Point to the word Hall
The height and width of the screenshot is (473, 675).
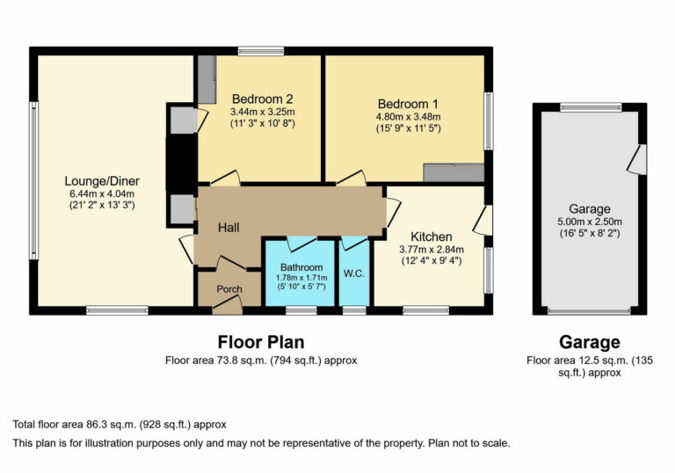pyautogui.click(x=229, y=228)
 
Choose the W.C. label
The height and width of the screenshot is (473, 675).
pyautogui.click(x=356, y=273)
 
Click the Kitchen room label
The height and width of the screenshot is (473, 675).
pyautogui.click(x=432, y=236)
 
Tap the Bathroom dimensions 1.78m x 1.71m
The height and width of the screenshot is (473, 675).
pyautogui.click(x=301, y=277)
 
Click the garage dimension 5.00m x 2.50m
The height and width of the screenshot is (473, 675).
pyautogui.click(x=589, y=222)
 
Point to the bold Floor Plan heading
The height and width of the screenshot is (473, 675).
pyautogui.click(x=261, y=342)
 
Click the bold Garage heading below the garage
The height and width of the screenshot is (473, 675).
pyautogui.click(x=589, y=342)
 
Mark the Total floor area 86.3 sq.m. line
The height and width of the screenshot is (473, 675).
pyautogui.click(x=120, y=424)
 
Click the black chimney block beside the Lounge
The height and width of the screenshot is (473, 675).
pyautogui.click(x=180, y=163)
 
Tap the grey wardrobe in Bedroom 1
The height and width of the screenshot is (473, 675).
pyautogui.click(x=453, y=173)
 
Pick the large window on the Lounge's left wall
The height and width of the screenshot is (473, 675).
pyautogui.click(x=33, y=180)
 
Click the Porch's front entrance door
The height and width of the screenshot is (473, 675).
pyautogui.click(x=228, y=304)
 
